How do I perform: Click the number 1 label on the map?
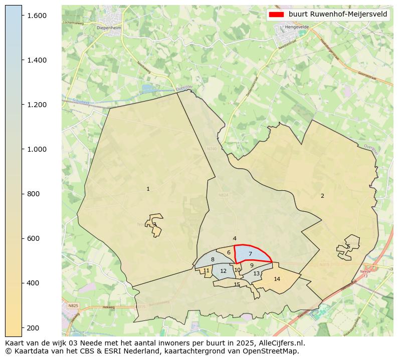(148, 189)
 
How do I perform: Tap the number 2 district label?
(322, 196)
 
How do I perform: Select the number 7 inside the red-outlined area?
(250, 254)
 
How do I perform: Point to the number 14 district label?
(277, 279)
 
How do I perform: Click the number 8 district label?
(213, 259)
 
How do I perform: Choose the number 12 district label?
(223, 271)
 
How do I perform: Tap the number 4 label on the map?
(235, 238)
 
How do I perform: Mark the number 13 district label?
(257, 274)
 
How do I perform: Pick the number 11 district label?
(206, 270)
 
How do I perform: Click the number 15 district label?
(237, 285)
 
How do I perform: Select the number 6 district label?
(229, 252)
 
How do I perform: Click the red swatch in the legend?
(276, 15)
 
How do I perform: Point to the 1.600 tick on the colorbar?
(37, 16)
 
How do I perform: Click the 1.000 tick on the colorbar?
(37, 149)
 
